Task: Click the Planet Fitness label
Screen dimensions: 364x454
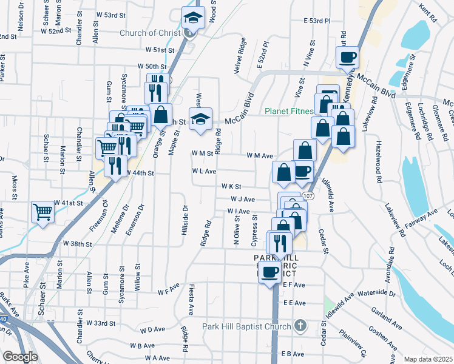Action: tap(288, 112)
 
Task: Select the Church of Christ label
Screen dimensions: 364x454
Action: tap(155, 33)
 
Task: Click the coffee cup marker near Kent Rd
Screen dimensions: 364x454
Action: tap(348, 58)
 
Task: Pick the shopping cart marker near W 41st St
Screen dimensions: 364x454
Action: tap(42, 212)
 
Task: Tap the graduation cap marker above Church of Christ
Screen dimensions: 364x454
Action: tap(194, 17)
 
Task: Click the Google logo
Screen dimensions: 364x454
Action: tap(20, 357)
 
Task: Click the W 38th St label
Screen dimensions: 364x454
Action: tap(77, 244)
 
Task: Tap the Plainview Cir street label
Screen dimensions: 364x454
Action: tap(356, 342)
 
